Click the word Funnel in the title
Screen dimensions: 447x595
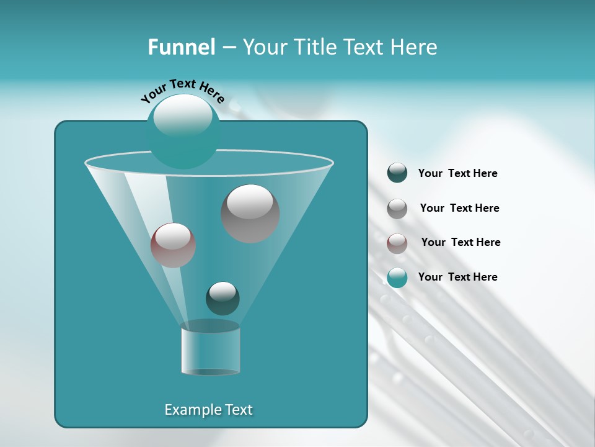click(x=181, y=47)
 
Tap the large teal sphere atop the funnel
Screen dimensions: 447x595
click(x=183, y=131)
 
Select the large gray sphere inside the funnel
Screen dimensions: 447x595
click(x=250, y=214)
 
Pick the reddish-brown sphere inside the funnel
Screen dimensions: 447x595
click(x=173, y=245)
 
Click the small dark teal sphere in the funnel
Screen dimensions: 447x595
click(x=223, y=298)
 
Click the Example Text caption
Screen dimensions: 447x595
click(x=208, y=410)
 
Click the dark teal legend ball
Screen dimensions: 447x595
click(x=397, y=173)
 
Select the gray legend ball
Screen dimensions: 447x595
click(x=397, y=209)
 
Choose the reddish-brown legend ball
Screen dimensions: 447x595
click(x=397, y=243)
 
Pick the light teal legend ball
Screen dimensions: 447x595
click(x=397, y=278)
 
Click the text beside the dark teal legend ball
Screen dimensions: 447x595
click(x=457, y=174)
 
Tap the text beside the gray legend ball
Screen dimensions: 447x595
click(x=459, y=209)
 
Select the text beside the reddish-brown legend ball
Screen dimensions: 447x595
click(x=461, y=243)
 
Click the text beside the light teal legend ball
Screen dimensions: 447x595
click(x=457, y=278)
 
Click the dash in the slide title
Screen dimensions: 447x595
click(x=228, y=48)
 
